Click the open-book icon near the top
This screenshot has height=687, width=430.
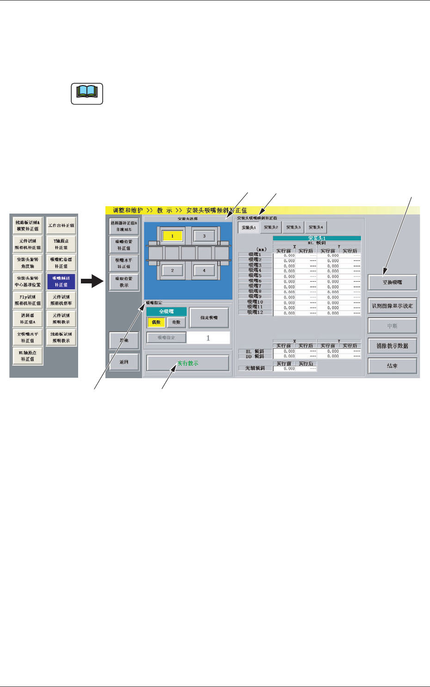(x=87, y=94)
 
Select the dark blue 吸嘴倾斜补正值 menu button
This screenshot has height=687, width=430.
(x=61, y=281)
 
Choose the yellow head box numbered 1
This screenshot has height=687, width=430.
(x=172, y=236)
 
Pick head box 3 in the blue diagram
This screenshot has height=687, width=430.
(x=204, y=236)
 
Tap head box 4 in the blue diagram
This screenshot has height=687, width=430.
(x=204, y=270)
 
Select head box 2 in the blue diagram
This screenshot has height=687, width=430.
(x=172, y=270)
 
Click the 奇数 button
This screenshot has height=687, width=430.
(x=176, y=322)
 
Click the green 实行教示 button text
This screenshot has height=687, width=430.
(x=188, y=363)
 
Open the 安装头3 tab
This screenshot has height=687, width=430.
(x=294, y=227)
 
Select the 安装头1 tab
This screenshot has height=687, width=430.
(x=249, y=227)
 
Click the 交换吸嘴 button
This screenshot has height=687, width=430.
(x=392, y=282)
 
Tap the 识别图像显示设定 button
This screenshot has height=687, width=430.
(x=392, y=306)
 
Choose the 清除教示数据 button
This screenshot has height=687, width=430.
(x=392, y=346)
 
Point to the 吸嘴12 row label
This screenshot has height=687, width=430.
(x=255, y=313)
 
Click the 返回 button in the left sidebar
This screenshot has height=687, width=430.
(x=124, y=362)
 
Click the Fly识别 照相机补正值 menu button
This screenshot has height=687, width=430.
(x=28, y=300)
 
